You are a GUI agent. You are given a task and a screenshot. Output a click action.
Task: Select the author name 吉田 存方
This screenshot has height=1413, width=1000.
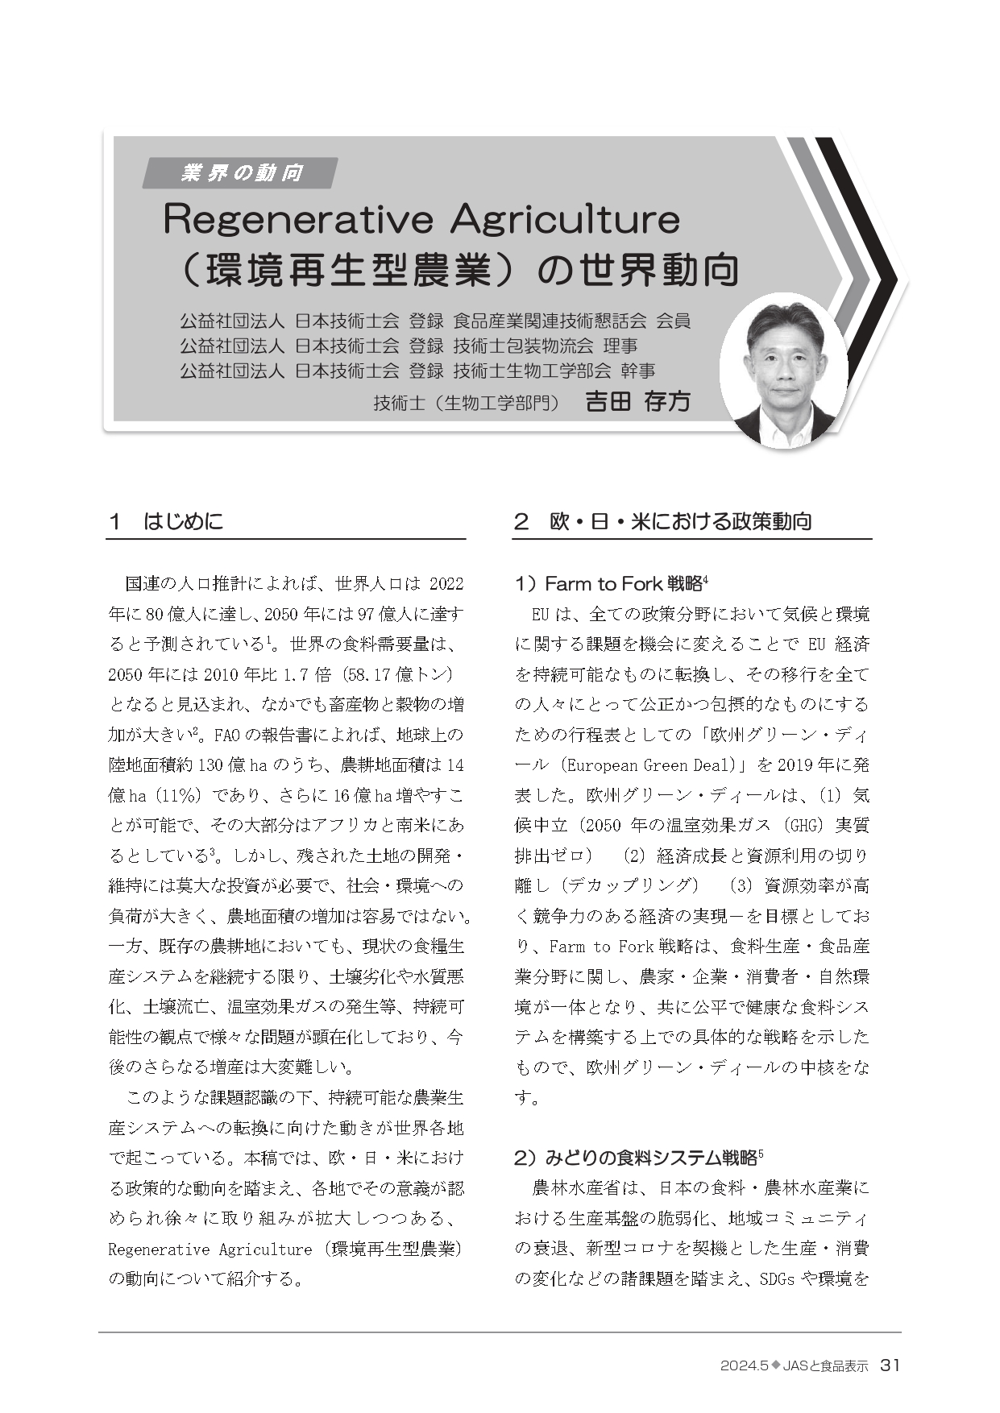coord(637,402)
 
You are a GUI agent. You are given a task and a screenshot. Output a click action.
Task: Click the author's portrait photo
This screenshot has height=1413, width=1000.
coord(782,370)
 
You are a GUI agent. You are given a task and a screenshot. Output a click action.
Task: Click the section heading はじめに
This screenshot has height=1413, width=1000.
coord(183,521)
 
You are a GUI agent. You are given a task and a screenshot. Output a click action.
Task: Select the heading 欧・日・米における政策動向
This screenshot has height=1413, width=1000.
coord(681,521)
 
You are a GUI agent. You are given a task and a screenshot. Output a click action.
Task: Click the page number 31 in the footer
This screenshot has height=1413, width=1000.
coord(890,1365)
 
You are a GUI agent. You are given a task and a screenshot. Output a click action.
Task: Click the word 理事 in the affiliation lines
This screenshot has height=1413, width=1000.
coord(620,346)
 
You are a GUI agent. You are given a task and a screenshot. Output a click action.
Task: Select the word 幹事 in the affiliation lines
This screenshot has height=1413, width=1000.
coord(637,371)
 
